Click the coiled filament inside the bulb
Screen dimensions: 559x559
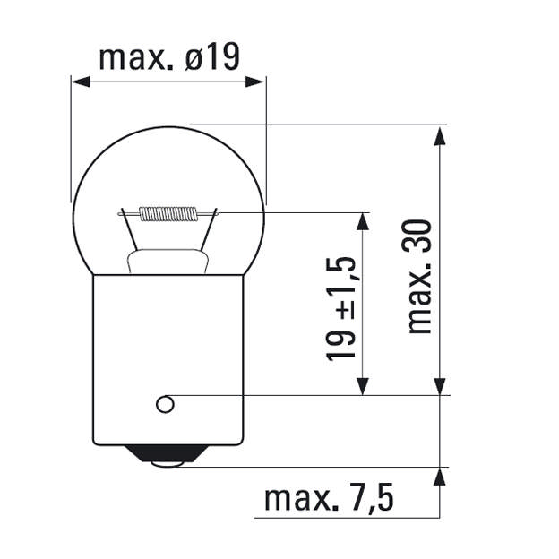click(x=168, y=213)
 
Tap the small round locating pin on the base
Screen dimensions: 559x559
click(x=165, y=404)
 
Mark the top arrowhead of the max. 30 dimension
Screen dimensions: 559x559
click(x=439, y=134)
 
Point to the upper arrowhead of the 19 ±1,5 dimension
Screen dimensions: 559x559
click(x=363, y=221)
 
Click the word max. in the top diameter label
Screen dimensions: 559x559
click(x=134, y=58)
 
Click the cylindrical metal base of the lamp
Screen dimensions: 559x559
click(x=168, y=358)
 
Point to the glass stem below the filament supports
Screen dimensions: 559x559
click(x=168, y=262)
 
